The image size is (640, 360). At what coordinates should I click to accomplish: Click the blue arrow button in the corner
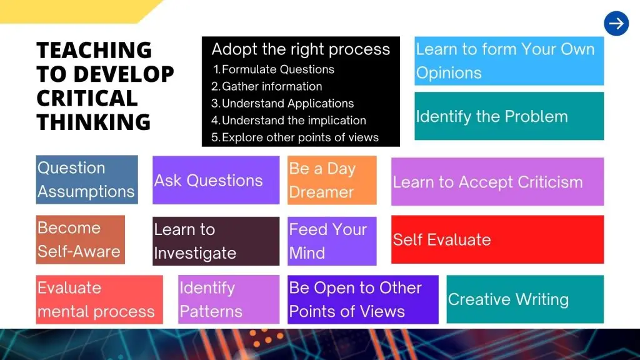616,24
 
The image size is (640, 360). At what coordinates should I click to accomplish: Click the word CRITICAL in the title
87,98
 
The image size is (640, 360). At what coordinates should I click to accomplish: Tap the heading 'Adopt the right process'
301,49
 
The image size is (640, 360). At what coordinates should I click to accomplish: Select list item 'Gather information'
266,86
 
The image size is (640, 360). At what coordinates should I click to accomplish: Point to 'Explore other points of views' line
295,137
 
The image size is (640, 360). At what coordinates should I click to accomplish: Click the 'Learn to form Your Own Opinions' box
509,61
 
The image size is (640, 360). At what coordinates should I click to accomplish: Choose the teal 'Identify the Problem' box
509,116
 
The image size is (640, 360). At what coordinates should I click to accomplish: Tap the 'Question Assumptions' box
87,179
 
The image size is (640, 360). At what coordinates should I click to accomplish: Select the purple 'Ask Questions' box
216,180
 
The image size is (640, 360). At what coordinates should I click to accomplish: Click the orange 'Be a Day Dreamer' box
332,180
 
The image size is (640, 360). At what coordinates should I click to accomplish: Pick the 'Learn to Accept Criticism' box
497,182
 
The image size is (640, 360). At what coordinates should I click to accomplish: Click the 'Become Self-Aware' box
81,239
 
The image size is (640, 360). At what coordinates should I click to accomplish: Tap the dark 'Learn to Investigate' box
216,241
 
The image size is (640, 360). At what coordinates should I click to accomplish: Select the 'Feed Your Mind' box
332,241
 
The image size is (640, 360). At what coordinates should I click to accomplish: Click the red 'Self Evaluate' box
497,239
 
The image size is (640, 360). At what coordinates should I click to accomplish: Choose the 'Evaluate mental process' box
99,299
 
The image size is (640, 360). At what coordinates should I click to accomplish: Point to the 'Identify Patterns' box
229,299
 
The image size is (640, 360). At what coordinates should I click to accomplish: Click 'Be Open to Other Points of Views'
363,299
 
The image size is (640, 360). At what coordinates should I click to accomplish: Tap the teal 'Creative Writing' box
525,299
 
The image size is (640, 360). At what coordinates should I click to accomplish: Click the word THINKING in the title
94,122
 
